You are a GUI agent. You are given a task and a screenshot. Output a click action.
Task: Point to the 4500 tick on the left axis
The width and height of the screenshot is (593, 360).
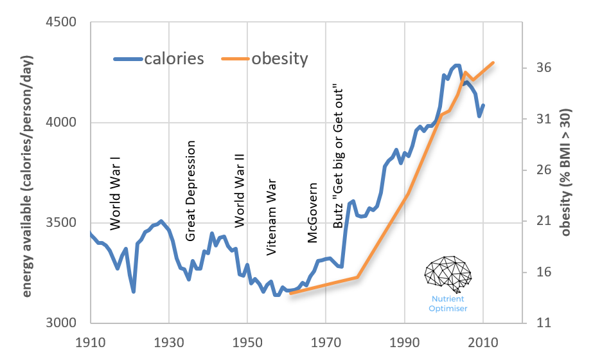point(62,22)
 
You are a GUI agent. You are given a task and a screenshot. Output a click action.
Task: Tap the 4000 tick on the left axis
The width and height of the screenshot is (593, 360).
point(62,123)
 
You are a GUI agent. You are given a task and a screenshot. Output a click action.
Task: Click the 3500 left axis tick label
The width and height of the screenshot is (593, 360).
point(62,223)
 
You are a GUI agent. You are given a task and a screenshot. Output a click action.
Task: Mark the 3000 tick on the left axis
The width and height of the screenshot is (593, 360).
point(62,323)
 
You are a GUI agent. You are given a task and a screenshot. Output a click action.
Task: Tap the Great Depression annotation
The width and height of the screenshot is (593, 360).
point(190,191)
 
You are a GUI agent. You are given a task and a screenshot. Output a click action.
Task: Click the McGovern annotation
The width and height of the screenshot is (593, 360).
point(313,213)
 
